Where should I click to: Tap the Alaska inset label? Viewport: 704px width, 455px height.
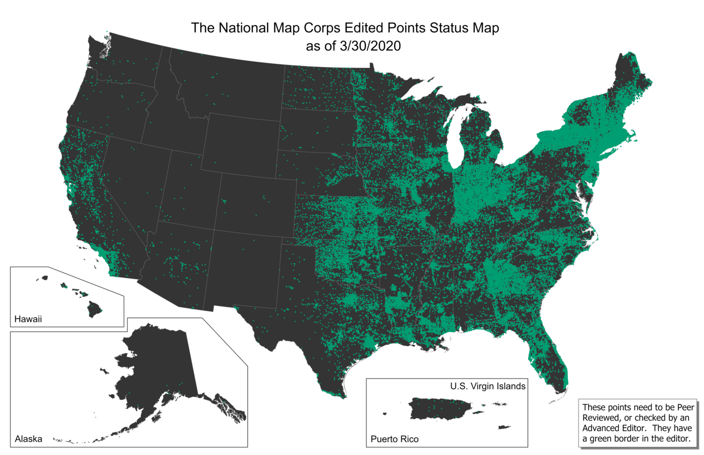tap(28, 439)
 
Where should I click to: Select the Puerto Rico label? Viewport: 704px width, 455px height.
tap(395, 439)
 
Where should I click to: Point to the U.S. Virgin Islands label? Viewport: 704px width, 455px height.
tap(487, 386)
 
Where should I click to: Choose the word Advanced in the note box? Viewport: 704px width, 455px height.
tap(602, 427)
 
